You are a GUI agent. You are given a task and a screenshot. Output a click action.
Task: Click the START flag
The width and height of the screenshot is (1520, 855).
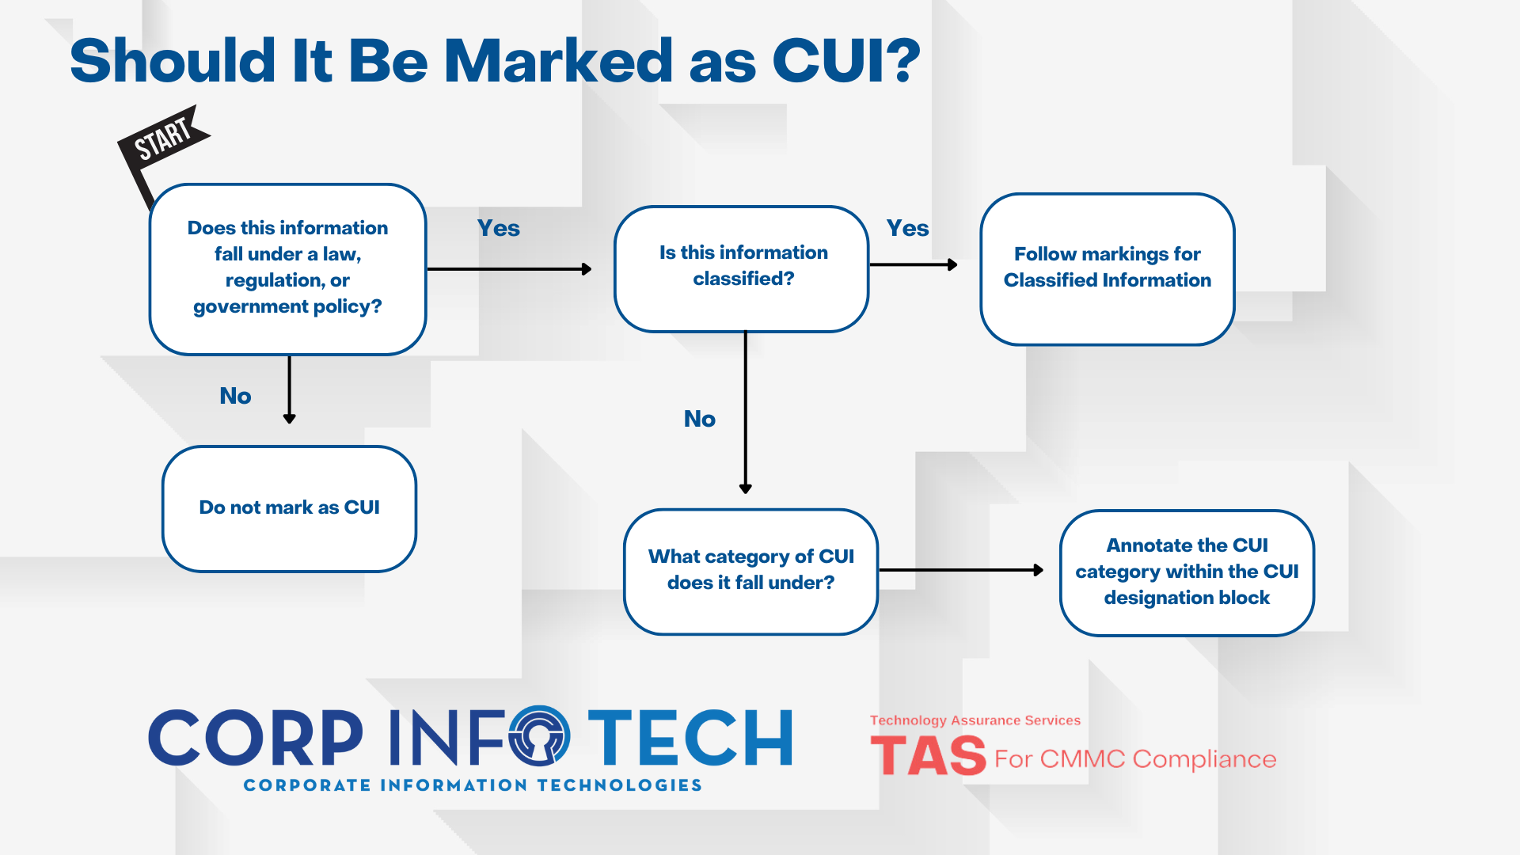(x=163, y=139)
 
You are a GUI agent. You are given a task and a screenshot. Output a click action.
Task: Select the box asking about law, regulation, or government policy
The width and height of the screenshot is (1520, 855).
(x=287, y=268)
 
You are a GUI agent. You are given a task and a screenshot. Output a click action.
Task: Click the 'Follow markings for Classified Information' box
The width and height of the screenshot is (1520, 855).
(x=1107, y=268)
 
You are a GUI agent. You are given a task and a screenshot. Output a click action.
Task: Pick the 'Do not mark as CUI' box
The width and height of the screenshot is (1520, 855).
(x=289, y=508)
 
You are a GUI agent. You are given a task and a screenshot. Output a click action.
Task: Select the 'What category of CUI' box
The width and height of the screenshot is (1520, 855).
(x=750, y=571)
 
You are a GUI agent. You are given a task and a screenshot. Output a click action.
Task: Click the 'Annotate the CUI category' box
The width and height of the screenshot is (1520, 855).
(x=1187, y=572)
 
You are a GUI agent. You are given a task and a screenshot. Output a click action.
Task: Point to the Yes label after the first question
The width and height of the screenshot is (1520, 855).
(x=498, y=229)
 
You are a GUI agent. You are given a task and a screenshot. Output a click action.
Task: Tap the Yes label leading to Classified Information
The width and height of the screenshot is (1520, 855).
(x=907, y=229)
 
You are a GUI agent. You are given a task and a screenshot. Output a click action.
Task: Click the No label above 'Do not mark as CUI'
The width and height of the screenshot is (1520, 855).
(x=235, y=396)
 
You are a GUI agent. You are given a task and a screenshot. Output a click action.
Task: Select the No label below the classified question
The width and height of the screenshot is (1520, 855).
(x=699, y=419)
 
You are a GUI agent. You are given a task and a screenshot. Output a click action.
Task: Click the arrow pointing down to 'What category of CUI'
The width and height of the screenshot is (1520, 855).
(x=745, y=412)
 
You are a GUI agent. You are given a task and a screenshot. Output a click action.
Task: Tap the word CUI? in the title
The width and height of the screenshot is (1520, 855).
(x=845, y=61)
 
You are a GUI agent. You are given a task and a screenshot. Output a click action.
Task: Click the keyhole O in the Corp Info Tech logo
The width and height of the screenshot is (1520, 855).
(x=539, y=736)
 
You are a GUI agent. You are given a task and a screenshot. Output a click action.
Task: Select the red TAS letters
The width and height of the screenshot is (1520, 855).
(x=928, y=756)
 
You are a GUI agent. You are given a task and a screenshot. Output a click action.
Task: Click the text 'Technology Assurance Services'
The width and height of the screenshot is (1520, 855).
(x=975, y=720)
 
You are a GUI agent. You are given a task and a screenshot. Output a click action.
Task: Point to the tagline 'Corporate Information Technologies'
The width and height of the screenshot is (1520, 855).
(x=473, y=785)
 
